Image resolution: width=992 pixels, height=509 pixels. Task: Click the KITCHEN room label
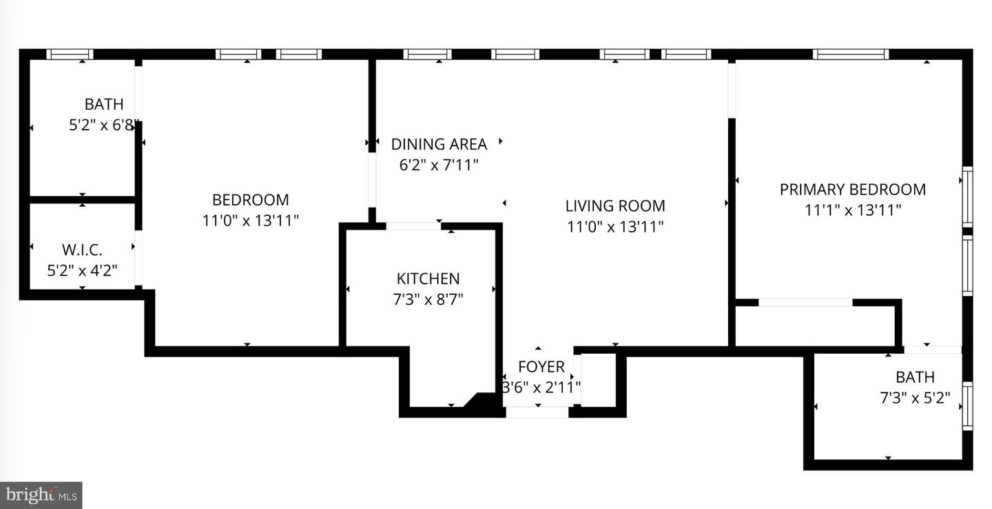(x=428, y=279)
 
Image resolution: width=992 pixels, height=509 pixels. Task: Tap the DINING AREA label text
(x=439, y=144)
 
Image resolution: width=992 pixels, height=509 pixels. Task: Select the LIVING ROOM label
(x=615, y=206)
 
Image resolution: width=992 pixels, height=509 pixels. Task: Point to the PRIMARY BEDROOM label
(x=852, y=189)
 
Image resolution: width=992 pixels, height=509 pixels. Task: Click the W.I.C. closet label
(x=82, y=250)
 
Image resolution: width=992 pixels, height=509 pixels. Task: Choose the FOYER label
(x=541, y=367)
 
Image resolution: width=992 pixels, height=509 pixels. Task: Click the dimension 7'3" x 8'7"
(x=428, y=299)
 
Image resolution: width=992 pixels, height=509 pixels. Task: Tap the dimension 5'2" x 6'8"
(x=103, y=126)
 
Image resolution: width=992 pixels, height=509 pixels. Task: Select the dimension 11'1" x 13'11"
(x=853, y=210)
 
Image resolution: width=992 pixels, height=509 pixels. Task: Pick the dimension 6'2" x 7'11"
(x=439, y=165)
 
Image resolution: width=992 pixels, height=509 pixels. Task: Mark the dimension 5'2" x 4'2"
(x=82, y=270)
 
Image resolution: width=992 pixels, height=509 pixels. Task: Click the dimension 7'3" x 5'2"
(x=915, y=398)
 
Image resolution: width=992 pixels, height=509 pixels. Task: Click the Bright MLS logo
(x=41, y=495)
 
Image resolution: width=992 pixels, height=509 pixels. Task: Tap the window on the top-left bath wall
(x=70, y=54)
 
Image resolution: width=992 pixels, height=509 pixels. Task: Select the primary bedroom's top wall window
(x=851, y=54)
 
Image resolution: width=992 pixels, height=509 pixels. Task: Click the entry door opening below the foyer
(x=537, y=412)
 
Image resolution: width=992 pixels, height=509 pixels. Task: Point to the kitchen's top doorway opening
(x=413, y=226)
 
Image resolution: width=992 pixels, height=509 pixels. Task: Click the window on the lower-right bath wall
(x=968, y=407)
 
